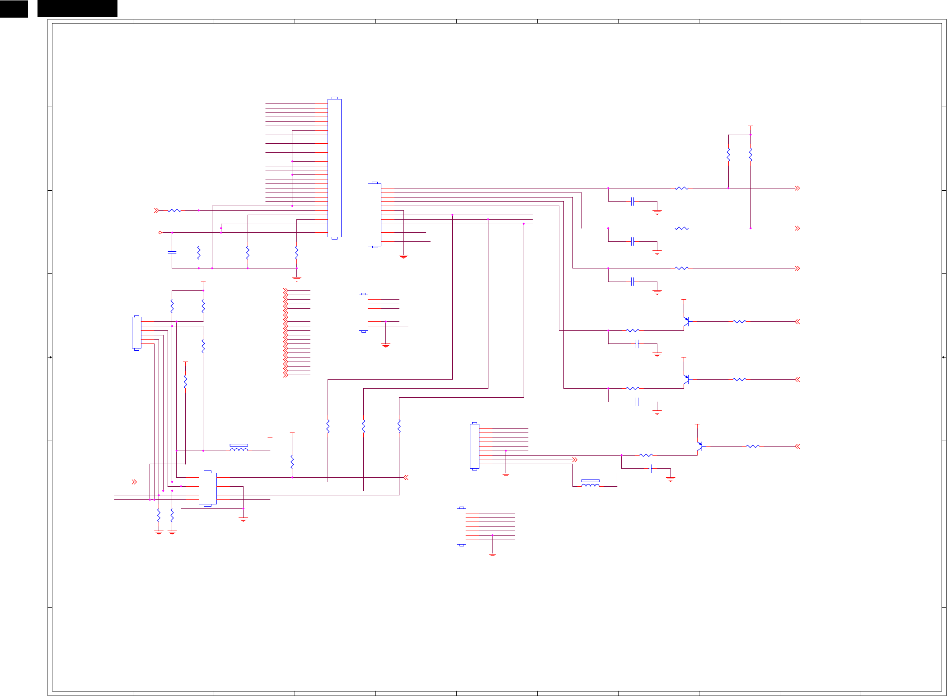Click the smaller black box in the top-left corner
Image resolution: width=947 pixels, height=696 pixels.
14,9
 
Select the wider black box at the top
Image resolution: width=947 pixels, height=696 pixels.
77,9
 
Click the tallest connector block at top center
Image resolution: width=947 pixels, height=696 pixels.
334,168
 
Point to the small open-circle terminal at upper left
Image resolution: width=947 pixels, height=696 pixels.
160,233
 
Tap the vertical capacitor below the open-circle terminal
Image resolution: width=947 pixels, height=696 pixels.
172,253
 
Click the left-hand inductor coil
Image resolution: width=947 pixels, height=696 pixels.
239,449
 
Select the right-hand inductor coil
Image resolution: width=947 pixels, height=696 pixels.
590,484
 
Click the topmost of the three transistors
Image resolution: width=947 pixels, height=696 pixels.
686,322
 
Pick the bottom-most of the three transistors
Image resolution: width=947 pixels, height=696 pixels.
699,447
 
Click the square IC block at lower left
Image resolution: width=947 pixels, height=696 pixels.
207,489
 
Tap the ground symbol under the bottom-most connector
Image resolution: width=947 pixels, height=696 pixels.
492,554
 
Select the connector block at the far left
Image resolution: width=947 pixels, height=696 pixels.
136,333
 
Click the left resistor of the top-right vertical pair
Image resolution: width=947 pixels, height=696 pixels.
728,155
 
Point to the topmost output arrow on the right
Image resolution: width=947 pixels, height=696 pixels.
797,188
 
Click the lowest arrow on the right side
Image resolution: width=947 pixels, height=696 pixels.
797,447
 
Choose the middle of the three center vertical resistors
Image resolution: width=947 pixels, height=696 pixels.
364,426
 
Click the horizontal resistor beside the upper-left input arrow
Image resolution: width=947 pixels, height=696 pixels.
174,211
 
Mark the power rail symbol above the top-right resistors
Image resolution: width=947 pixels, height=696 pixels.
750,127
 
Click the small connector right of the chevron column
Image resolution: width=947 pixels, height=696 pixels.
363,313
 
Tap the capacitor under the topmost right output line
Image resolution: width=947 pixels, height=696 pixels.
633,202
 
